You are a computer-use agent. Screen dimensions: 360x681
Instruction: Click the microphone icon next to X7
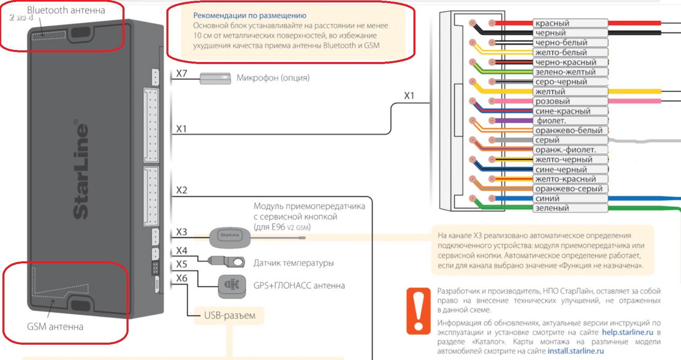click(215, 78)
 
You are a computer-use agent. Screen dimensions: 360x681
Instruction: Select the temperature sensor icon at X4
click(228, 262)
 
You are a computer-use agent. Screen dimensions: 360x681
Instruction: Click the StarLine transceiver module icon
click(230, 238)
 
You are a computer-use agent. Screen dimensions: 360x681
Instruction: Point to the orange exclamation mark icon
click(418, 310)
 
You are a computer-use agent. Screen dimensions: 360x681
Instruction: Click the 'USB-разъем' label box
click(229, 315)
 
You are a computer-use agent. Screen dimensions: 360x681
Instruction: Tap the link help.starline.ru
click(627, 332)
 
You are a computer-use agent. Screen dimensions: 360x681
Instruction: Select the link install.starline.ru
click(575, 351)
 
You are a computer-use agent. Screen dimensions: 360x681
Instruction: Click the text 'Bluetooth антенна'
click(66, 10)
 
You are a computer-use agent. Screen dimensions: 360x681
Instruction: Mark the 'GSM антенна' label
click(55, 327)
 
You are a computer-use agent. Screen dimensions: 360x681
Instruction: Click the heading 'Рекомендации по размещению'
click(249, 16)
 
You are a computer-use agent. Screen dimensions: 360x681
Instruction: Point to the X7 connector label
click(182, 74)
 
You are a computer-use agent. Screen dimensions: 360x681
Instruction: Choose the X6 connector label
click(182, 278)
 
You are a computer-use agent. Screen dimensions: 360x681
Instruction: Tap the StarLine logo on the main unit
click(80, 171)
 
